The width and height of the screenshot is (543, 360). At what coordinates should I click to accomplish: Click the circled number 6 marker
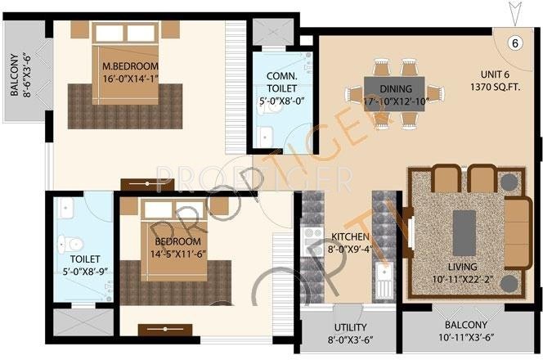[x=514, y=43]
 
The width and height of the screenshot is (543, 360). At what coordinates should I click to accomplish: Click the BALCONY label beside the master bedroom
[x=15, y=75]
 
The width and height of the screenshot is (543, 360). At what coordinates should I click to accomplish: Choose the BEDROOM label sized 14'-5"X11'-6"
[x=177, y=242]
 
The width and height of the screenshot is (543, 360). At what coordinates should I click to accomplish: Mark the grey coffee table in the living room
[x=464, y=225]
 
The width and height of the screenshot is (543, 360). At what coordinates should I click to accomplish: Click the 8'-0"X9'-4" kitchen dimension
[x=350, y=250]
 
